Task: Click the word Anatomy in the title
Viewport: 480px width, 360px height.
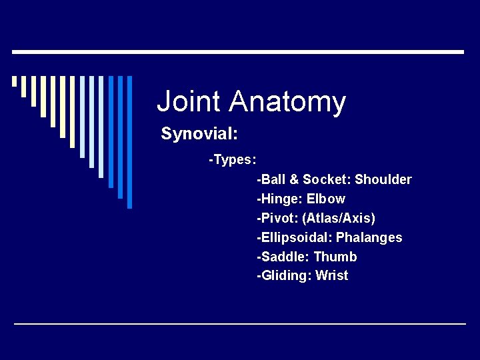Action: click(x=287, y=102)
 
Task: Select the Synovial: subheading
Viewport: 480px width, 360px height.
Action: click(x=199, y=134)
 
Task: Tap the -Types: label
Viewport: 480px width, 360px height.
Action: click(x=233, y=160)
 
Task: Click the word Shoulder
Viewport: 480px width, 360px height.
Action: click(x=383, y=179)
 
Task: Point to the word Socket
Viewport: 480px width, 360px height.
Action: click(x=326, y=179)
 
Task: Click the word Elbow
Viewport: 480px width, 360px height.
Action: click(x=326, y=199)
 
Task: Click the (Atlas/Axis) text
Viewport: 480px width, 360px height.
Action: click(x=339, y=218)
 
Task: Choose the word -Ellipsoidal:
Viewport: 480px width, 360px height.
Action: click(x=294, y=237)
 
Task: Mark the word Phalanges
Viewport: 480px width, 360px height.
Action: click(x=369, y=237)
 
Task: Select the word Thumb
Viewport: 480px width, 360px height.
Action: click(x=335, y=257)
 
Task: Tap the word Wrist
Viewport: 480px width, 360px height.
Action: click(x=332, y=275)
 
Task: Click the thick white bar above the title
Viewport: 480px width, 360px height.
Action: click(x=238, y=52)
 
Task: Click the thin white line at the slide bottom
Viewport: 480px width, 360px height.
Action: click(x=240, y=324)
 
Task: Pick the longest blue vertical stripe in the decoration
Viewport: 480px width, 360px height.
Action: click(x=129, y=142)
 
